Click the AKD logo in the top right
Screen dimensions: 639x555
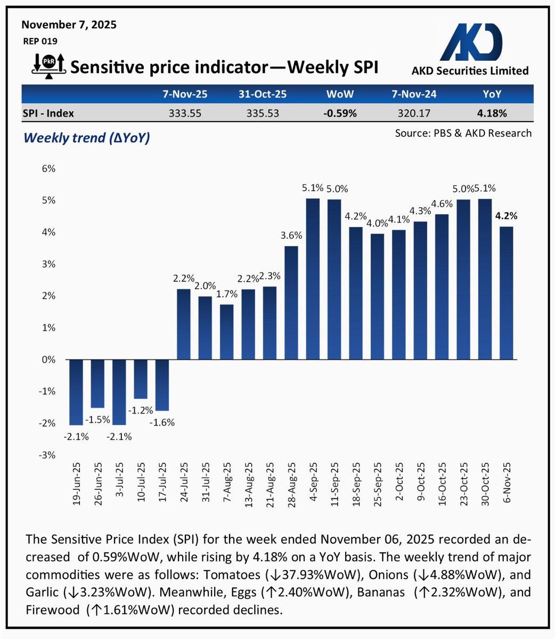click(x=472, y=43)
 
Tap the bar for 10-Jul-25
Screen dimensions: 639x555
click(x=141, y=379)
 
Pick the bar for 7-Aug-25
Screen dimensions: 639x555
click(x=227, y=332)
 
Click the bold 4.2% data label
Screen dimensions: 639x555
click(x=507, y=216)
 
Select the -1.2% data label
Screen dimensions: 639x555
click(x=141, y=410)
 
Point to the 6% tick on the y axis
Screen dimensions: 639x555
click(x=48, y=169)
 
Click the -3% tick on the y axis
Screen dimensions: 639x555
click(x=48, y=455)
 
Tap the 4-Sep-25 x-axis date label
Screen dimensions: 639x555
click(x=313, y=486)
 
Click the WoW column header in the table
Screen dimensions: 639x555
click(x=340, y=94)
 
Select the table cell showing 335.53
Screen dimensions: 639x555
click(x=262, y=113)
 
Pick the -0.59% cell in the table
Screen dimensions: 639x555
click(x=340, y=113)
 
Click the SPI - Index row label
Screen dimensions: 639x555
click(x=48, y=113)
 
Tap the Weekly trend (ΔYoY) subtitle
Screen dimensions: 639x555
click(x=87, y=137)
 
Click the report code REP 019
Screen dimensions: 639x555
click(x=40, y=41)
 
